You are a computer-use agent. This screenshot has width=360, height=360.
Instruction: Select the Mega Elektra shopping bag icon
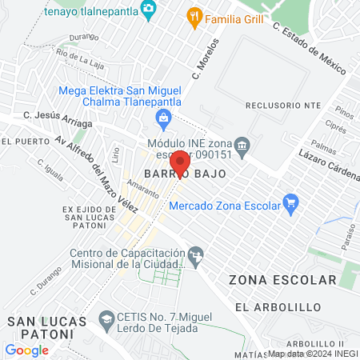click(164, 120)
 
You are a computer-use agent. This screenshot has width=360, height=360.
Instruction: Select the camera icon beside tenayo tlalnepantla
click(148, 8)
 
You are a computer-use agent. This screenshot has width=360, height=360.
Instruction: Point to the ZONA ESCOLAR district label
click(282, 280)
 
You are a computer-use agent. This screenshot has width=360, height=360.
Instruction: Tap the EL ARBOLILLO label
click(278, 306)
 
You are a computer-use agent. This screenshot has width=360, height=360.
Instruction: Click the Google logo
click(26, 350)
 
